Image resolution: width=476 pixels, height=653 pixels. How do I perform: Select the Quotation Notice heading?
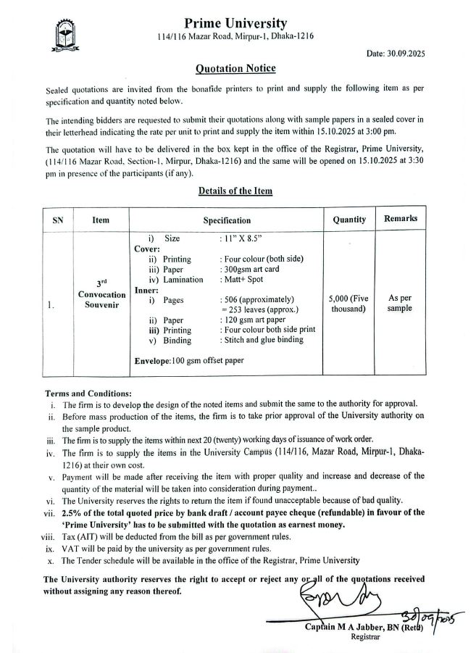(x=235, y=69)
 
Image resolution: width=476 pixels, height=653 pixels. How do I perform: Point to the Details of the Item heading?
(x=235, y=191)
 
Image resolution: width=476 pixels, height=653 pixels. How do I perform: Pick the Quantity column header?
(x=349, y=219)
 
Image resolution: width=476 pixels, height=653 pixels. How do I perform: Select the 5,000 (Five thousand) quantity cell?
(x=349, y=304)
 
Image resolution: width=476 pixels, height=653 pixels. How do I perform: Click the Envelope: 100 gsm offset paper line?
(x=189, y=360)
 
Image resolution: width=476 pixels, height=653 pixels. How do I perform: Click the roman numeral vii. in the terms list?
(x=51, y=513)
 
